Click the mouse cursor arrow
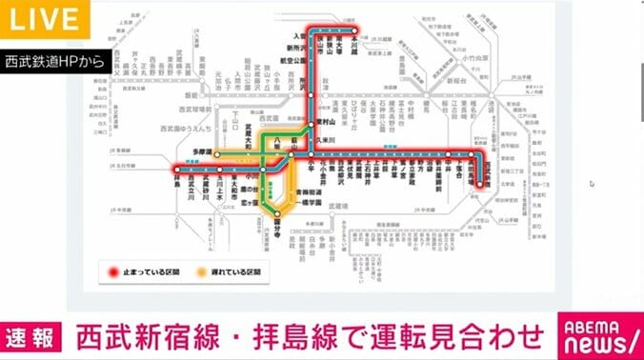[591, 183]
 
